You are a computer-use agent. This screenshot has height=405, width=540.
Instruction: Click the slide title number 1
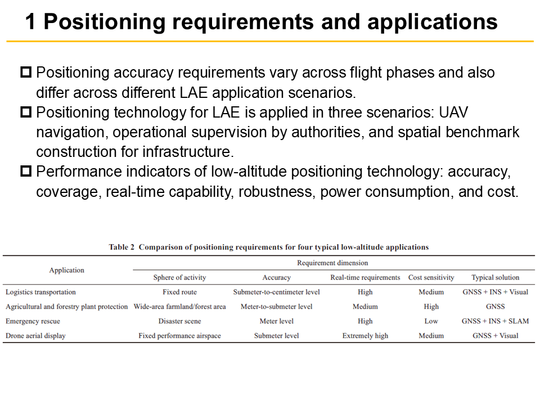[x=31, y=22]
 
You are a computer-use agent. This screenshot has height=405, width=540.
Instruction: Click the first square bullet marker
[x=26, y=73]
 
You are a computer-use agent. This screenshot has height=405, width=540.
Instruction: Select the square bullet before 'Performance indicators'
[x=26, y=172]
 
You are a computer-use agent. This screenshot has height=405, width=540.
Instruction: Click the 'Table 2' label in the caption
[x=121, y=247]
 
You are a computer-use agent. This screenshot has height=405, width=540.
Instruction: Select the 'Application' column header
[x=66, y=270]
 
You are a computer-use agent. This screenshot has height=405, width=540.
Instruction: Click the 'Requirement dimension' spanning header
[x=332, y=263]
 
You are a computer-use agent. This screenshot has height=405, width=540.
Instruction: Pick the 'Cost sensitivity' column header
[x=431, y=277]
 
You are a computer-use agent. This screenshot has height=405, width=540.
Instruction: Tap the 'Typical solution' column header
[x=495, y=277]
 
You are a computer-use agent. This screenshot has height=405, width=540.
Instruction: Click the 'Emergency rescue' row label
[x=33, y=321]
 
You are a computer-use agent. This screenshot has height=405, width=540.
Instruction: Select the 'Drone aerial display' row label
[x=35, y=336]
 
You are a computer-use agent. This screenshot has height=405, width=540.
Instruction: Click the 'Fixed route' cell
[x=179, y=292]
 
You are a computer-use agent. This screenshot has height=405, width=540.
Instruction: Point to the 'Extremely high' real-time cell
[x=365, y=336]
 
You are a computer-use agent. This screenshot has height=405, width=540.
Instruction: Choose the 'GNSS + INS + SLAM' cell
[x=495, y=321]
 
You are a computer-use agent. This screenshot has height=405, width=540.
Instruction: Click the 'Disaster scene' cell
[x=179, y=321]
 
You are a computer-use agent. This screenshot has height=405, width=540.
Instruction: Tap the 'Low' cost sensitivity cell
[x=431, y=321]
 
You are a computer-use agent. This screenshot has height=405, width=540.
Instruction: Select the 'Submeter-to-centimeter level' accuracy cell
[x=276, y=292]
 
